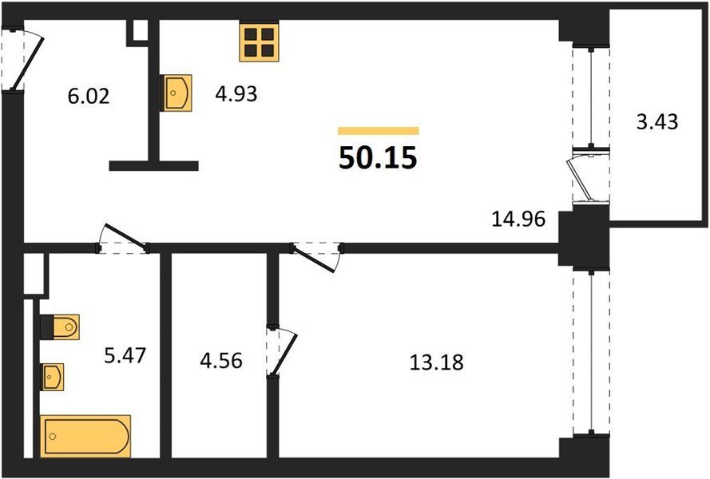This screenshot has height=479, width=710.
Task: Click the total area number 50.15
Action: click(378, 157)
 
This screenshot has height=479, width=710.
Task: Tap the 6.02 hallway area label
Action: click(89, 97)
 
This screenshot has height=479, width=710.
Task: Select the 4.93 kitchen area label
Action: click(236, 94)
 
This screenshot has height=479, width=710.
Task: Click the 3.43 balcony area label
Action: click(657, 122)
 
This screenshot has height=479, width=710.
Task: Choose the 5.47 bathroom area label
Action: click(125, 355)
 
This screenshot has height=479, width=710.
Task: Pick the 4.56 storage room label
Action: click(221, 361)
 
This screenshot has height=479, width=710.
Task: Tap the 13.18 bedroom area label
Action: click(437, 362)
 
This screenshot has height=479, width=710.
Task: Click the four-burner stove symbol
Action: click(259, 42)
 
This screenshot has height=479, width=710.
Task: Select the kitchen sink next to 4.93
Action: click(177, 93)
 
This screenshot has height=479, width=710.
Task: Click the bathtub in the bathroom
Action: click(85, 436)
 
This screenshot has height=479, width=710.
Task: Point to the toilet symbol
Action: click(60, 327)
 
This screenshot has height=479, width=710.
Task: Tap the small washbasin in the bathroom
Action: click(52, 377)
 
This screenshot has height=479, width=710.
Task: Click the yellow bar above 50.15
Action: click(378, 131)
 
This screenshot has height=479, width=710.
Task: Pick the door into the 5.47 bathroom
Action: click(123, 239)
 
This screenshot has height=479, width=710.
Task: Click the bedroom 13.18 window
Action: click(591, 352)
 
